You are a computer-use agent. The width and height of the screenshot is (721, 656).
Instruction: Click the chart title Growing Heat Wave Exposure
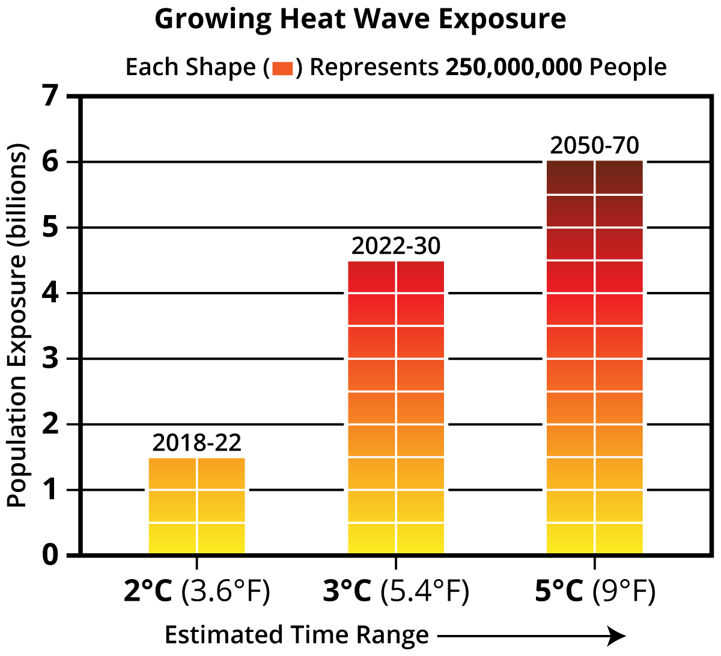pos(360,19)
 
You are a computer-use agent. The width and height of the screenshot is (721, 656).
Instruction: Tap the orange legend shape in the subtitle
pos(282,68)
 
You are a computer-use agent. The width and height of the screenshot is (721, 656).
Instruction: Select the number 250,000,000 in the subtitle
pos(513,67)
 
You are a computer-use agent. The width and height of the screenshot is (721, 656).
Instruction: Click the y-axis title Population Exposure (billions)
pos(18,325)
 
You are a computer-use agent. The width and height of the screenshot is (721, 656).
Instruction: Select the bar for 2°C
pos(196,506)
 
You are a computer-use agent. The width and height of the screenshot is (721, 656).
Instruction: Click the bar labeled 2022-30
pos(396,407)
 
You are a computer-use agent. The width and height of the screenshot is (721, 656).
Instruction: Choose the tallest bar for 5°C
pos(594,357)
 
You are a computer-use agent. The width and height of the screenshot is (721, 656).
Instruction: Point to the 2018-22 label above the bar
pos(196,443)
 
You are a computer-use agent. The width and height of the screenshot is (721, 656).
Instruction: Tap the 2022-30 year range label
pos(396,246)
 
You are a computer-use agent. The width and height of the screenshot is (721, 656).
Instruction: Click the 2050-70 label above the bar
pos(594,146)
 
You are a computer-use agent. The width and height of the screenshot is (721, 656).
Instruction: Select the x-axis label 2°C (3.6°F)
pos(196,592)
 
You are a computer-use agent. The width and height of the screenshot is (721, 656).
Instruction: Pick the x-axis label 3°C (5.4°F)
pos(396,592)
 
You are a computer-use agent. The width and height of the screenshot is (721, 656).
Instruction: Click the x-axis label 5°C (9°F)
pos(594,592)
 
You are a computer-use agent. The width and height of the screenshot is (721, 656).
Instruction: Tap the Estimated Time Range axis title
pos(297,635)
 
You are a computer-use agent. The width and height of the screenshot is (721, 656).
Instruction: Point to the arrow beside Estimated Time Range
pos(532,636)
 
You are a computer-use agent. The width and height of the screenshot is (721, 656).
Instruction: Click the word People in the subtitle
pos(628,67)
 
